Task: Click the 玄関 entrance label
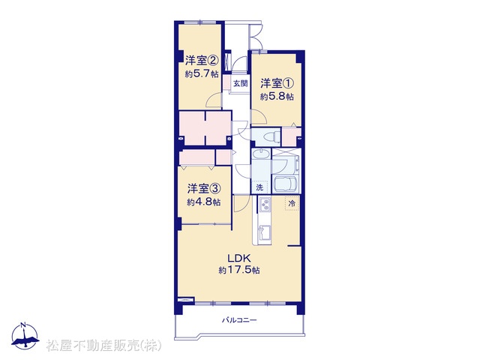pos(240,83)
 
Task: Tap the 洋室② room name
pos(202,60)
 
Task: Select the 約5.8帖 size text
pos(277,97)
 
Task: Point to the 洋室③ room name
pos(204,188)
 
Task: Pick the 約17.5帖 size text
pos(239,270)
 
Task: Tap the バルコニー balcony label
pos(239,320)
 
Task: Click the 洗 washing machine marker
pos(259,187)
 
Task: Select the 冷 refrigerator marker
pos(292,203)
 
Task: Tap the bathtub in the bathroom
pos(286,184)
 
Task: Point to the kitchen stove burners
pos(265,205)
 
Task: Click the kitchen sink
pos(264,232)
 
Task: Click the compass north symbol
pos(25,336)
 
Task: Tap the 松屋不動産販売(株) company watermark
pos(103,345)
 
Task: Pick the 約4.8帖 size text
pos(204,202)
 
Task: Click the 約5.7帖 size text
pos(202,73)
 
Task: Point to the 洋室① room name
pos(277,83)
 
